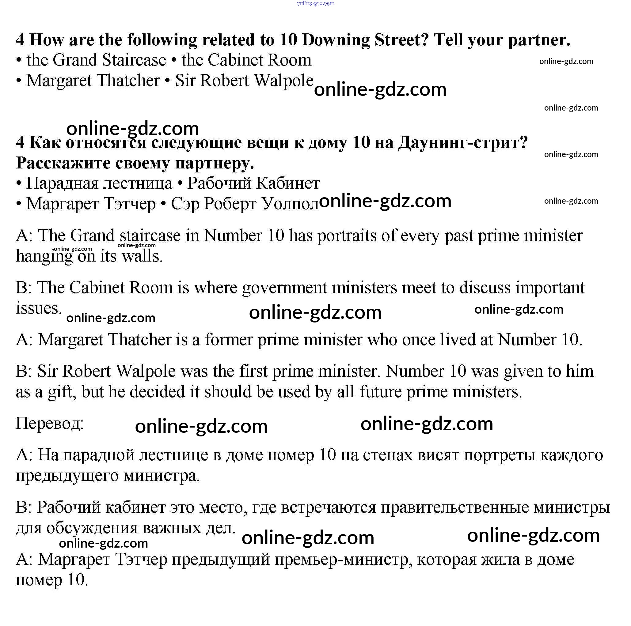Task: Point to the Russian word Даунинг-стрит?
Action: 463,143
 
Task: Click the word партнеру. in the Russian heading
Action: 215,163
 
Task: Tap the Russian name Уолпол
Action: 290,204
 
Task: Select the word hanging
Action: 44,257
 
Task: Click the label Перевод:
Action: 50,423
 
